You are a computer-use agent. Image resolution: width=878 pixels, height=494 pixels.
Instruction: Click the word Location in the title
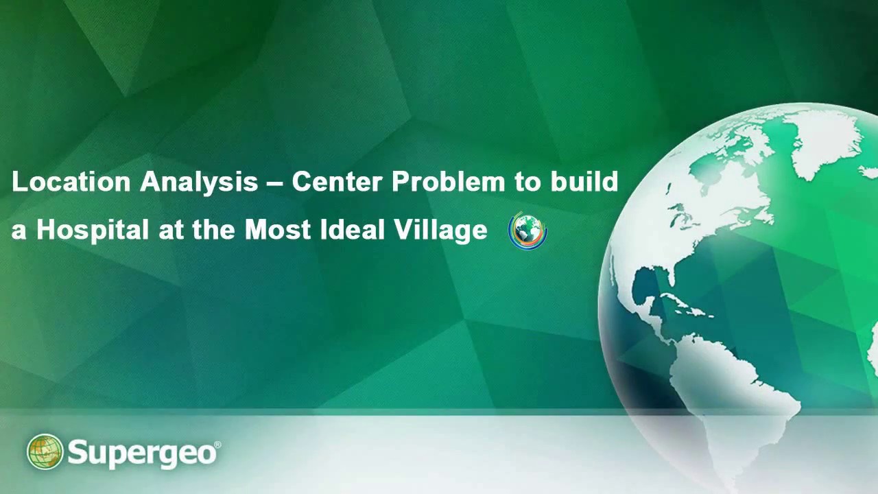(71, 183)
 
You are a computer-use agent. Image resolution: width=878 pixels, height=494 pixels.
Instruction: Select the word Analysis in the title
(199, 183)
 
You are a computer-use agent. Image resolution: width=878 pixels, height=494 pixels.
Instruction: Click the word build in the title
(584, 183)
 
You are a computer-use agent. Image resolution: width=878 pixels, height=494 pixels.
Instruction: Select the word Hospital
(92, 230)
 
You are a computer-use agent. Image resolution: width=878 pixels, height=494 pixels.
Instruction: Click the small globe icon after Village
(527, 231)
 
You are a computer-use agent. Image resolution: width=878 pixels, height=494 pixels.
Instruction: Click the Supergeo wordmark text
(142, 454)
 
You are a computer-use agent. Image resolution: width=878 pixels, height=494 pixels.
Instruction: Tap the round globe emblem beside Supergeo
(45, 452)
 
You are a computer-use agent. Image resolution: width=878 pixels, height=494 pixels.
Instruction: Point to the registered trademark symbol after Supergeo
(217, 445)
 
